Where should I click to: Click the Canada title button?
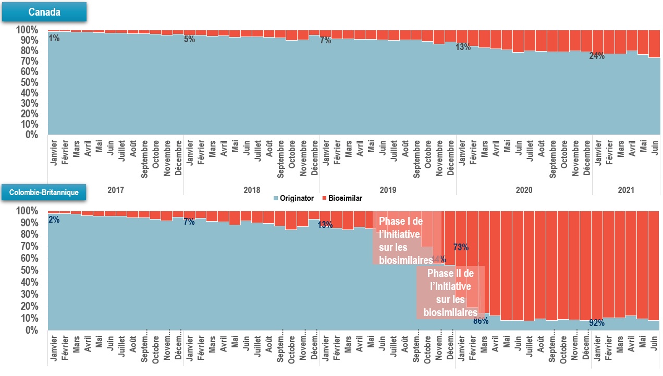point(44,12)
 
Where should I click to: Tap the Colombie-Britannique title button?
point(44,192)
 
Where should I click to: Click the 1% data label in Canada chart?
point(54,38)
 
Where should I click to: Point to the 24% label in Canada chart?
point(597,56)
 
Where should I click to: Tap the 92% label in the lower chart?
point(597,323)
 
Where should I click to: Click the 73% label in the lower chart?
point(461,247)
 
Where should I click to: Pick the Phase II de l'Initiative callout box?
point(450,293)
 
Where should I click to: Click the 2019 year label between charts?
point(388,190)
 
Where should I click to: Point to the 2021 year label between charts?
point(626,190)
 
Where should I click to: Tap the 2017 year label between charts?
point(116,190)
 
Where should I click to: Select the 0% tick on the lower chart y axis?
point(30,330)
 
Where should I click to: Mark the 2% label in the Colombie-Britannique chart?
point(54,220)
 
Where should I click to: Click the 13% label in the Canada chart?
point(463,47)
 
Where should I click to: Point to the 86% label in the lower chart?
point(481,321)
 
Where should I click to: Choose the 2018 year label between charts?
point(252,190)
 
